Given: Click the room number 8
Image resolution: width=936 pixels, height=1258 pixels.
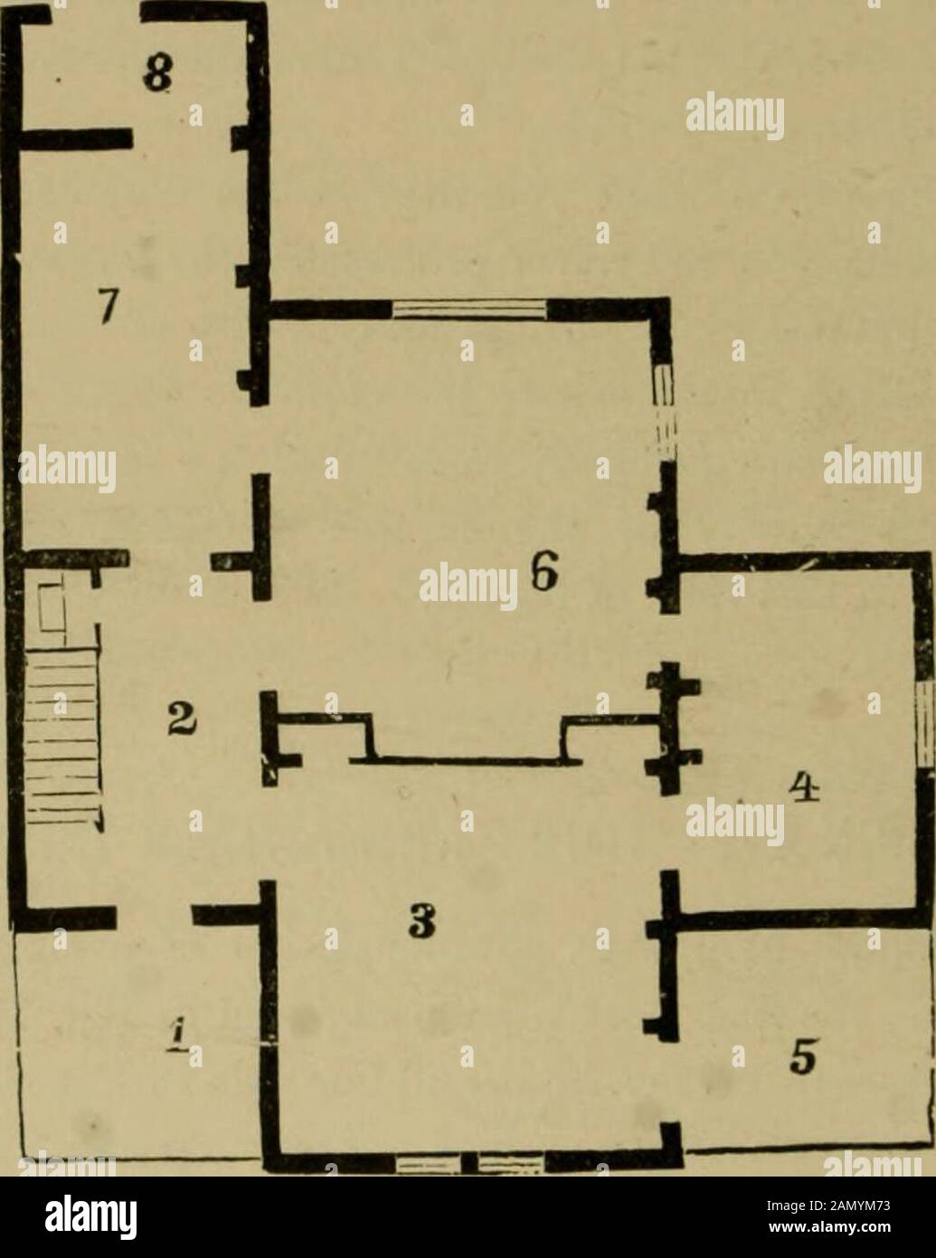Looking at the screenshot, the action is pos(153,71).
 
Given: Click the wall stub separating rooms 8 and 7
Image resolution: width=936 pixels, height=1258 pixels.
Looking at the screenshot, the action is pos(72,139).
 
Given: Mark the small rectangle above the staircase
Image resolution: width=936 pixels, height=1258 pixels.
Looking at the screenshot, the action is pos(52,608).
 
